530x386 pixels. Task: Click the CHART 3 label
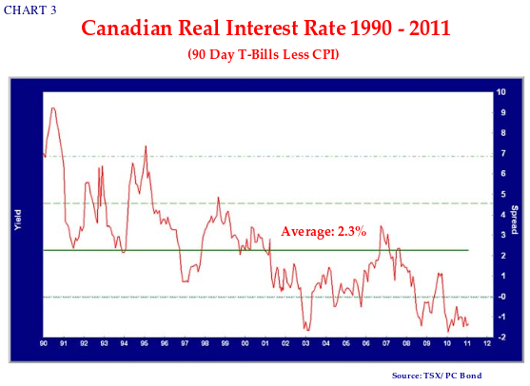pyautogui.click(x=30, y=10)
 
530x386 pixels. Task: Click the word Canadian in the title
pyautogui.click(x=127, y=28)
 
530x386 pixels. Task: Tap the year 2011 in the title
pyautogui.click(x=429, y=28)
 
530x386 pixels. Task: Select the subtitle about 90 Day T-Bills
pyautogui.click(x=264, y=54)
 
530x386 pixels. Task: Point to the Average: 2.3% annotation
pyautogui.click(x=324, y=231)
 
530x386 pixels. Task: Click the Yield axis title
pyautogui.click(x=18, y=220)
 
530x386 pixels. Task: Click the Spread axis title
pyautogui.click(x=514, y=220)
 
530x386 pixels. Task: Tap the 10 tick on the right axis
pyautogui.click(x=501, y=92)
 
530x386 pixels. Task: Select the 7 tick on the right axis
pyautogui.click(x=503, y=154)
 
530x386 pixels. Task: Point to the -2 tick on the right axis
pyautogui.click(x=501, y=338)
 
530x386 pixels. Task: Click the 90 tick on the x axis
pyautogui.click(x=44, y=343)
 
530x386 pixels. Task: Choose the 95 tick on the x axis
pyautogui.click(x=145, y=343)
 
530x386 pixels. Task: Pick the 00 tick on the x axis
pyautogui.click(x=245, y=343)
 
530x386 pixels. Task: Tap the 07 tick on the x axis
pyautogui.click(x=386, y=343)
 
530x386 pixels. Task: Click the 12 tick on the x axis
pyautogui.click(x=487, y=343)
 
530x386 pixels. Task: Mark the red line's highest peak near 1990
pyautogui.click(x=53, y=108)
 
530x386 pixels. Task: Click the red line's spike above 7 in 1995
pyautogui.click(x=146, y=145)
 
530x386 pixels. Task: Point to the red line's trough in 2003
pyautogui.click(x=307, y=330)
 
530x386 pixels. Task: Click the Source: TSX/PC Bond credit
pyautogui.click(x=437, y=376)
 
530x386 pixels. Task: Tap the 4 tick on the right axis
pyautogui.click(x=503, y=215)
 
